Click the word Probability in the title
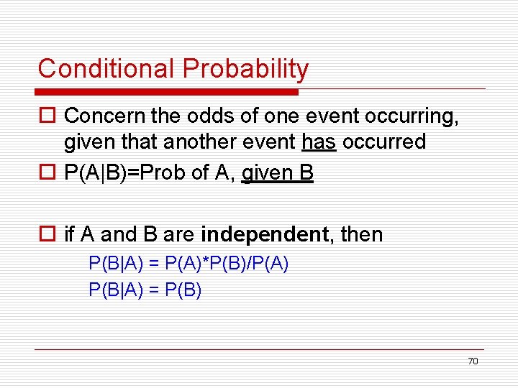pyautogui.click(x=245, y=69)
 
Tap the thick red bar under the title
pyautogui.click(x=167, y=92)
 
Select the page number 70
pyautogui.click(x=473, y=361)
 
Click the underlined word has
pyautogui.click(x=318, y=142)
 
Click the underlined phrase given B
pyautogui.click(x=277, y=174)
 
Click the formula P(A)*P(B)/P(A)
pyautogui.click(x=227, y=264)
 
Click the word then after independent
pyautogui.click(x=362, y=234)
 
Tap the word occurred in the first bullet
pyautogui.click(x=384, y=142)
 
